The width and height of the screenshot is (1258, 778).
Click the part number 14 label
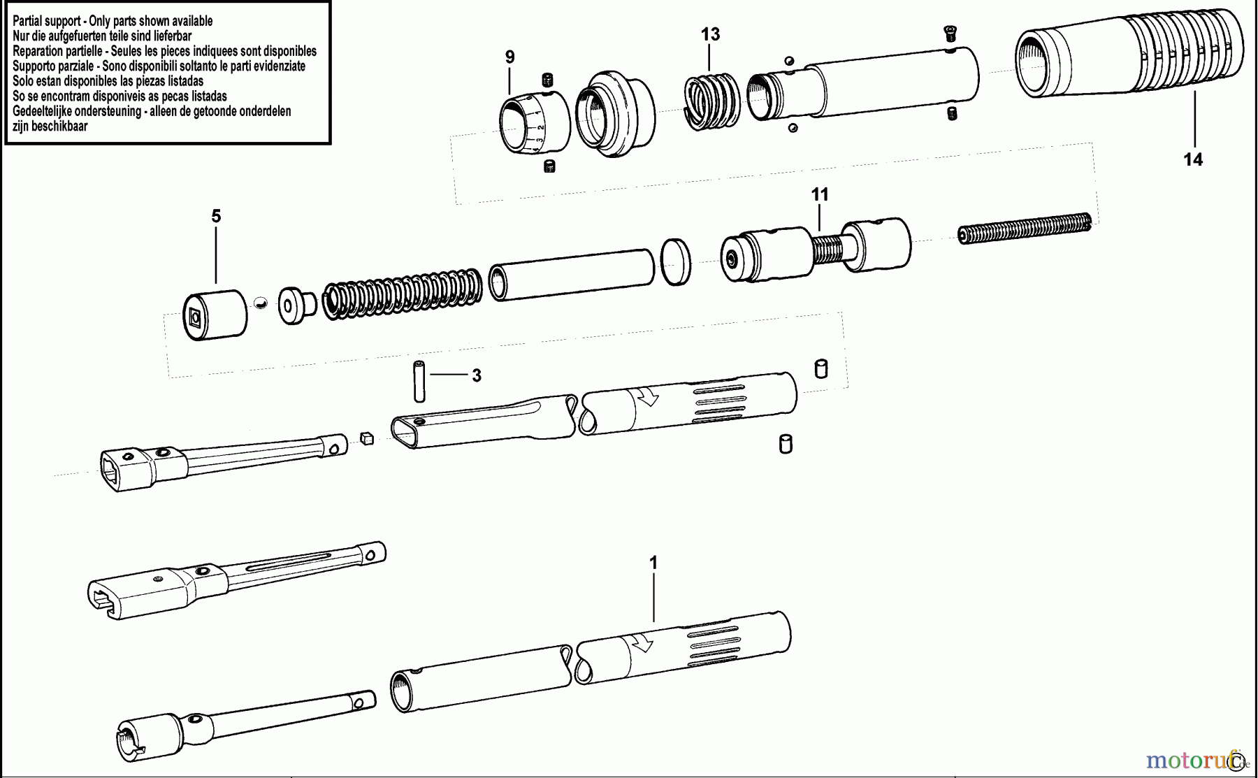coord(1192,160)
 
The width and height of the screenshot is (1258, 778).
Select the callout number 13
coord(710,34)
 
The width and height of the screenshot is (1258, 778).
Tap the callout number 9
coord(509,57)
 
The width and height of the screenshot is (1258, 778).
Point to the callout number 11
coord(819,194)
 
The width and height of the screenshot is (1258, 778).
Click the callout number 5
coord(216,217)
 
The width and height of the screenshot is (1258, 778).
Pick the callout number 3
coord(476,376)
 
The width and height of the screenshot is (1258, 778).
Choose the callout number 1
coord(653,563)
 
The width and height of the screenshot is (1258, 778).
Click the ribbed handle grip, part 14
coord(1129,53)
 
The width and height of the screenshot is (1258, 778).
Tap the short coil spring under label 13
coord(711,102)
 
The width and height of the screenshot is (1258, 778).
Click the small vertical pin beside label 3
coord(419,381)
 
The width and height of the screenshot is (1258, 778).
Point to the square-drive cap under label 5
coord(215,315)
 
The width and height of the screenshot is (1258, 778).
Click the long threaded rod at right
coord(1025,228)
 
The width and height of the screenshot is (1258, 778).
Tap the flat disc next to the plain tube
coord(676,261)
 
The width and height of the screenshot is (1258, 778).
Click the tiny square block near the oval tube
coord(367,438)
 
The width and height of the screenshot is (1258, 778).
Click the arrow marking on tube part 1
coord(642,642)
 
